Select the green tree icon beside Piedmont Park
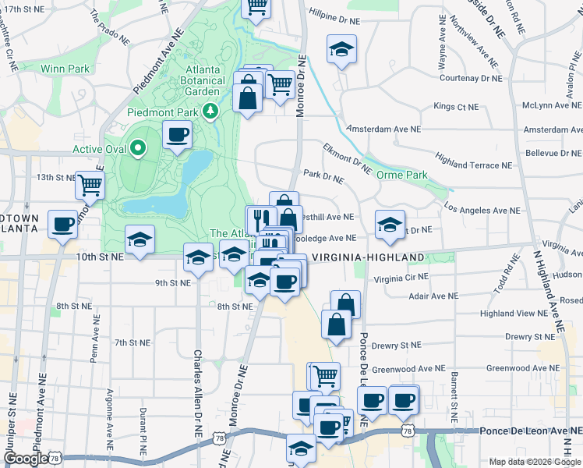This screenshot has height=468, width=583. pyautogui.click(x=210, y=112)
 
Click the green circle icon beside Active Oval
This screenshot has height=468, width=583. pyautogui.click(x=139, y=147)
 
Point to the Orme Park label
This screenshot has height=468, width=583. pyautogui.click(x=401, y=175)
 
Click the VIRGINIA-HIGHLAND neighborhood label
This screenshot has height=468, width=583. pyautogui.click(x=368, y=257)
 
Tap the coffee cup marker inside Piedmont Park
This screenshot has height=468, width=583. pyautogui.click(x=177, y=134)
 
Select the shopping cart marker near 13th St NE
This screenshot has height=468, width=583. pyautogui.click(x=90, y=185)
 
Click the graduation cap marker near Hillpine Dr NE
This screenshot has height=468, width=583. pyautogui.click(x=341, y=50)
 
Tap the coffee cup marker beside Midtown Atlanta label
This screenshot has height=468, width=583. pyautogui.click(x=62, y=224)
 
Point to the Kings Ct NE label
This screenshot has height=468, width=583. pyautogui.click(x=455, y=106)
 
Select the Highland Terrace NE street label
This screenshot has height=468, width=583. pyautogui.click(x=474, y=165)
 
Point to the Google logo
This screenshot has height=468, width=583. pyautogui.click(x=26, y=459)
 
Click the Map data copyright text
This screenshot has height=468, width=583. pyautogui.click(x=535, y=462)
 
